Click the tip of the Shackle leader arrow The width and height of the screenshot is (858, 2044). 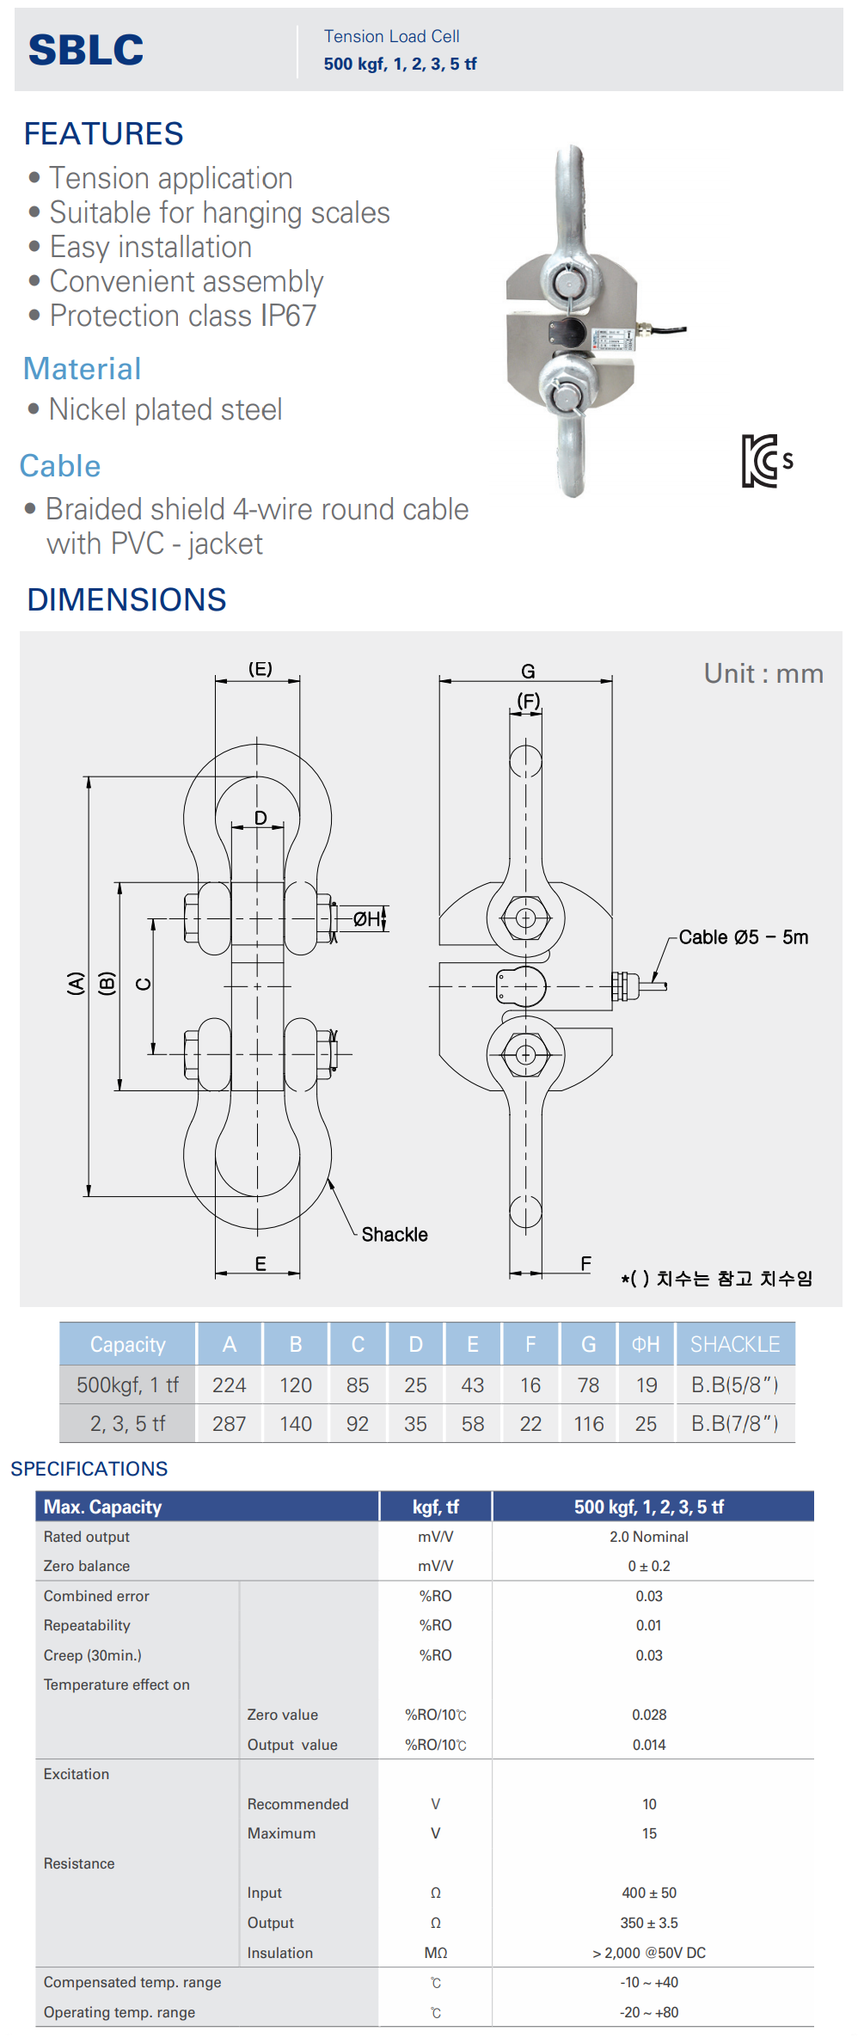pos(328,1181)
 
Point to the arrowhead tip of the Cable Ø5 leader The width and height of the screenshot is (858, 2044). pos(653,982)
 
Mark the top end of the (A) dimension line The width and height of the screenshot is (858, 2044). pos(88,776)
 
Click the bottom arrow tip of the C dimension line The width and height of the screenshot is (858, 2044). pos(153,1054)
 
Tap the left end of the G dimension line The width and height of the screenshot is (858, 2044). pos(439,681)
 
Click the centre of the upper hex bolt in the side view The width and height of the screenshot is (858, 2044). pos(526,918)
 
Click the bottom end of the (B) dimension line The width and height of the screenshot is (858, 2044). pos(120,1090)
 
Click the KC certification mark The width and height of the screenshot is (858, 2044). pos(767,461)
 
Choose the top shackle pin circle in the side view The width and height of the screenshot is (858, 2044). pos(526,761)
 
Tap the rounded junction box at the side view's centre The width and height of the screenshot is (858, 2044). pos(521,986)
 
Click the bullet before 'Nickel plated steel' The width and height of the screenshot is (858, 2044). pos(34,409)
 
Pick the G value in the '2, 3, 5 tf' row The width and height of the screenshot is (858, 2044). pos(589,1424)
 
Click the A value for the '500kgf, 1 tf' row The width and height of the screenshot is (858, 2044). pos(230,1385)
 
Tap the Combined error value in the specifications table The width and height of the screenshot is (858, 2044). pos(649,1596)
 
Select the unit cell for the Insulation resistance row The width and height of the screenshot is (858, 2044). pos(436,1953)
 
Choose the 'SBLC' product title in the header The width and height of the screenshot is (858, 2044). pos(86,50)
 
